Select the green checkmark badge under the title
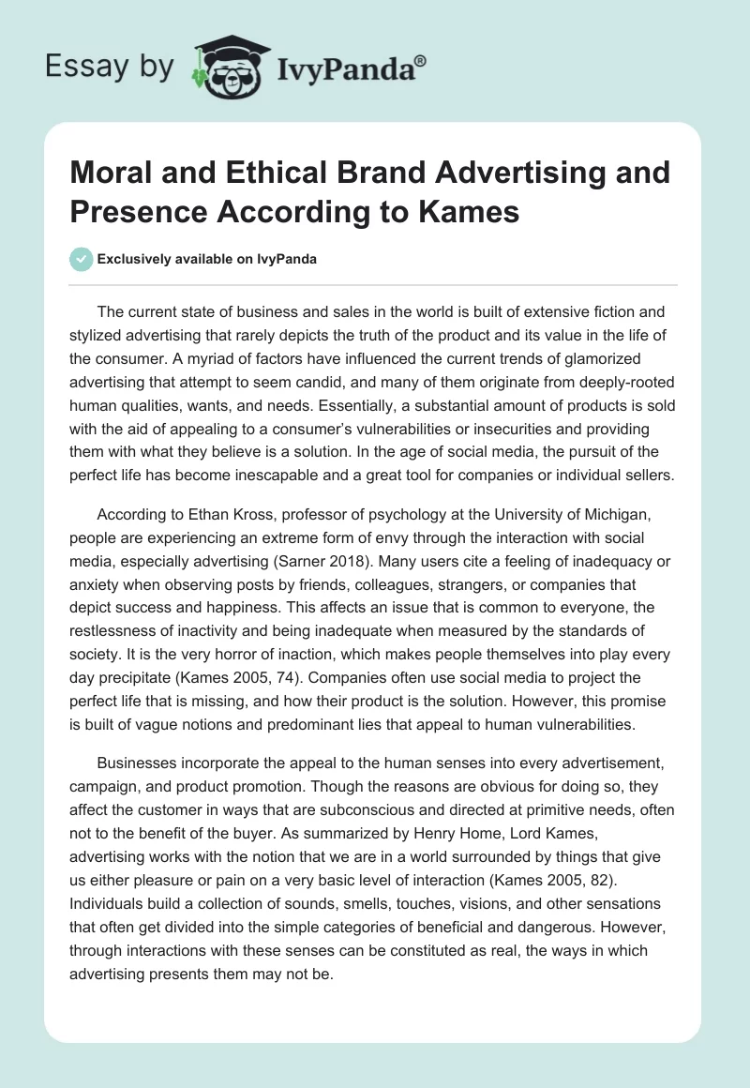pyautogui.click(x=81, y=259)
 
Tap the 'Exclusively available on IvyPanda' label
pyautogui.click(x=206, y=260)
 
